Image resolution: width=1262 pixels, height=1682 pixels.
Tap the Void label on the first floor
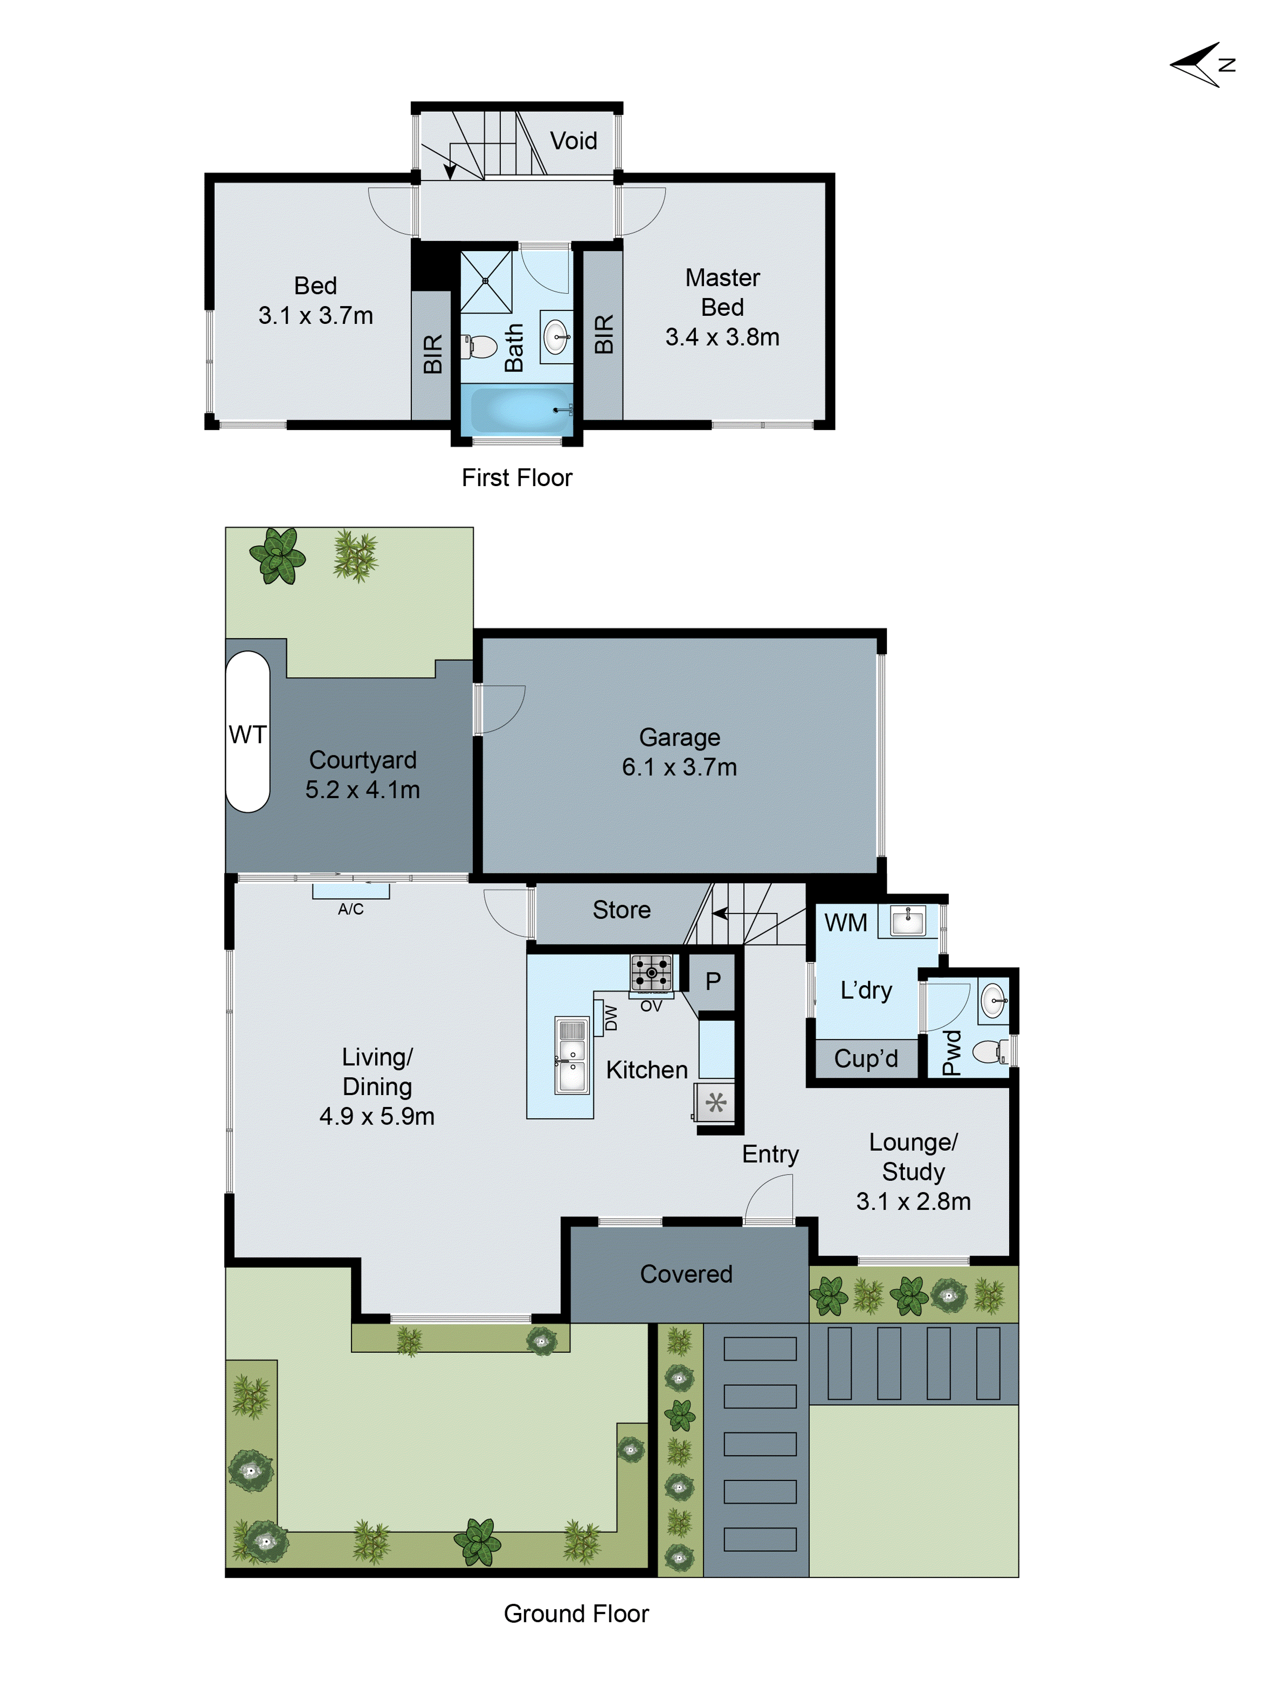tap(573, 141)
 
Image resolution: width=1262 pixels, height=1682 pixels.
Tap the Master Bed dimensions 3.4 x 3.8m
tap(722, 337)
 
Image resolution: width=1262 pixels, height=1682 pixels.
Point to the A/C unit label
tap(351, 909)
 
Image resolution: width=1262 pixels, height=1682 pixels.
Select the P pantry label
tap(713, 981)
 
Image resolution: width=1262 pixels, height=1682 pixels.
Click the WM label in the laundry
tap(845, 922)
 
